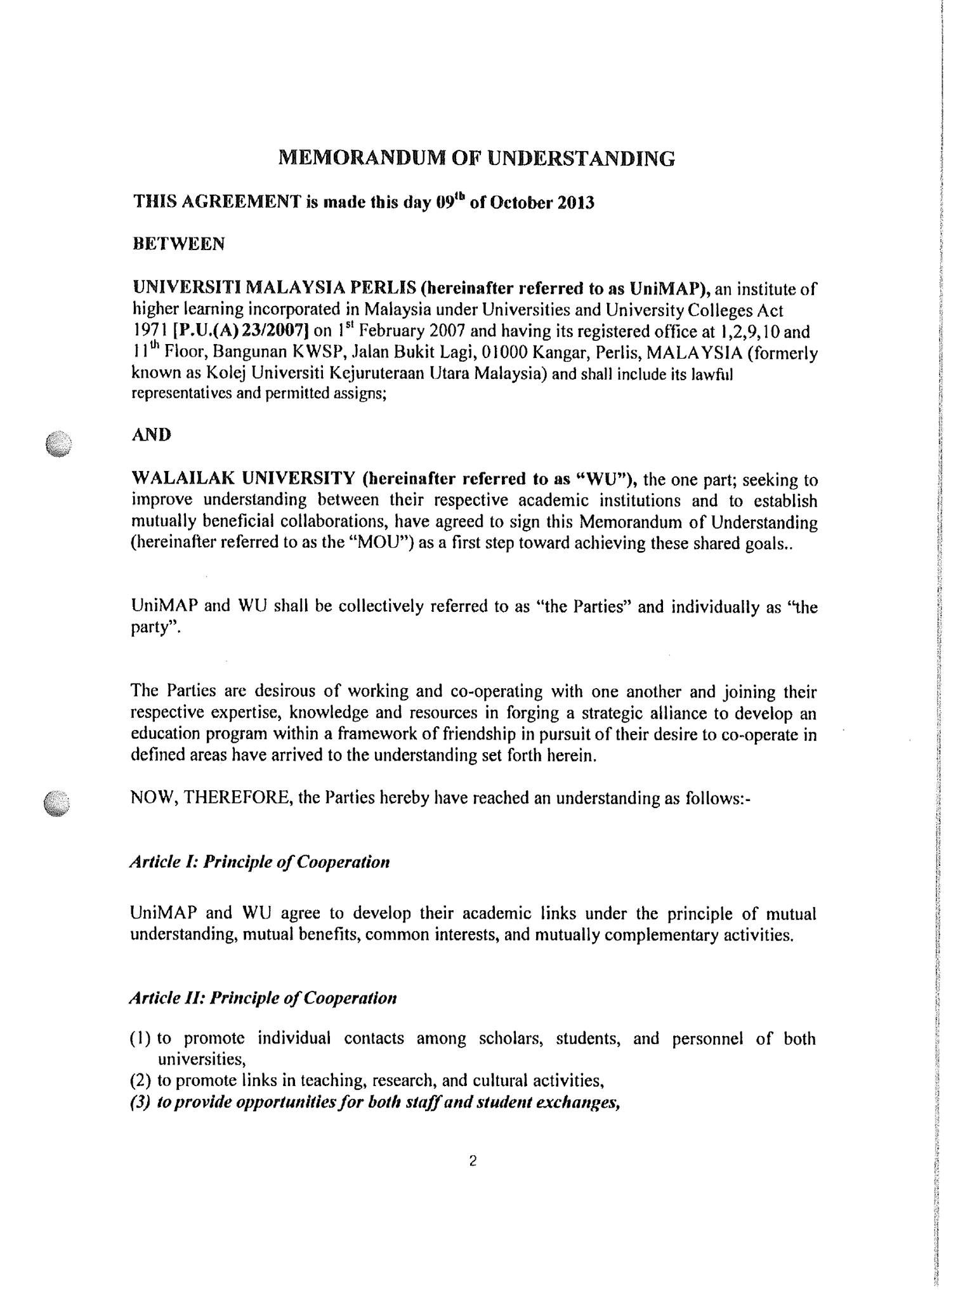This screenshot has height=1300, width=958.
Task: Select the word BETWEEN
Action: [178, 244]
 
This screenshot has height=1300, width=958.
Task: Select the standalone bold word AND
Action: [151, 435]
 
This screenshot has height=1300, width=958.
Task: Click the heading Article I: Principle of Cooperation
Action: [259, 862]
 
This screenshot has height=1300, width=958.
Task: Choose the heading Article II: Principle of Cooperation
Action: [263, 998]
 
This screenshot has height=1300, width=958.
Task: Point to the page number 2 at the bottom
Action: [473, 1162]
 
